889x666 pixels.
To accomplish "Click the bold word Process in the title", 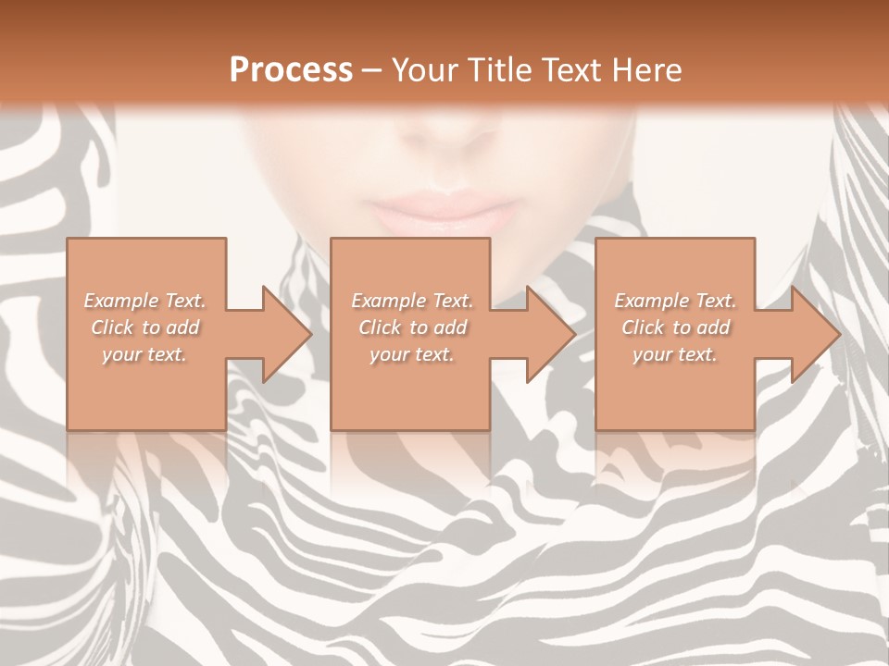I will click(291, 69).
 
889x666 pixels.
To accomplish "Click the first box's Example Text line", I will click(144, 301).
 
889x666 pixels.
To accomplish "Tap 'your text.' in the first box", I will click(144, 354).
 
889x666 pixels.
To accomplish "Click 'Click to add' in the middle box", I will click(411, 327).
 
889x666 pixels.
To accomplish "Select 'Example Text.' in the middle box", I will click(411, 301).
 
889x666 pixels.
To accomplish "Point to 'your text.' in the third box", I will click(674, 354).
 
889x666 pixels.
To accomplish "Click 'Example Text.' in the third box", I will click(674, 301).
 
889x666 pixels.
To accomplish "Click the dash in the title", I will click(371, 70).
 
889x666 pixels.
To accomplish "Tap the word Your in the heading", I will click(421, 69).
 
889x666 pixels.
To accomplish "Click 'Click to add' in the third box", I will click(674, 327).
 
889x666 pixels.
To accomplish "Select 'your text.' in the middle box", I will click(411, 354).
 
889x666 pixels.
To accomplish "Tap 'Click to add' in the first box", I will click(144, 327).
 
